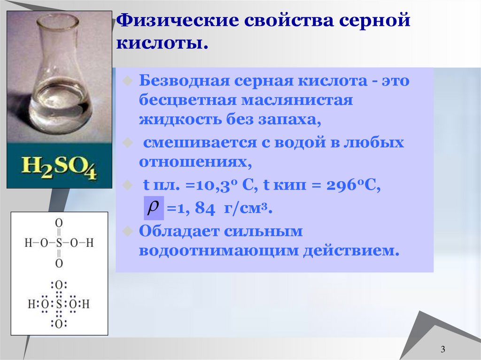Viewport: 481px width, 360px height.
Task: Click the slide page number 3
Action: click(443, 349)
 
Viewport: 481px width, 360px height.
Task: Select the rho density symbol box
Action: click(153, 208)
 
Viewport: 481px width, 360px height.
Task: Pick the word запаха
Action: click(287, 121)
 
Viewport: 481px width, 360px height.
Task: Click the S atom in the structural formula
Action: click(59, 243)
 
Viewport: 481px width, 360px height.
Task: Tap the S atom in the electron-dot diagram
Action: click(59, 304)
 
